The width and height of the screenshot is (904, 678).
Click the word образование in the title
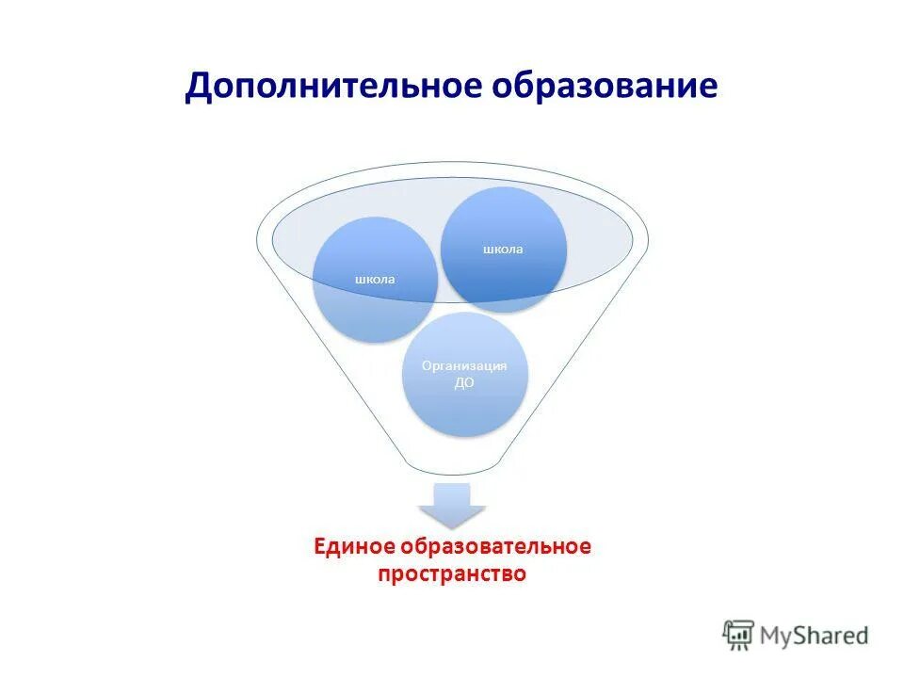point(605,87)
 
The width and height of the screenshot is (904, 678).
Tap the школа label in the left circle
point(374,279)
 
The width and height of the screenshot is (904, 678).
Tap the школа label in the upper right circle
point(504,249)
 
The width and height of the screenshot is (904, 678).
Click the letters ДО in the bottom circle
point(464,383)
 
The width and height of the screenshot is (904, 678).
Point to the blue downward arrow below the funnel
point(452,504)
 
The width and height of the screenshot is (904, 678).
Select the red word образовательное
point(496,546)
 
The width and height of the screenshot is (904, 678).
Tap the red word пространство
point(452,573)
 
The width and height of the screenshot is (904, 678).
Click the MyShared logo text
point(815,635)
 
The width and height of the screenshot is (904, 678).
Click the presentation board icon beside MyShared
point(738,635)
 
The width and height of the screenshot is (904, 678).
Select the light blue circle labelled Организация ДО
point(464,375)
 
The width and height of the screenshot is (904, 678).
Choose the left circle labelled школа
point(374,280)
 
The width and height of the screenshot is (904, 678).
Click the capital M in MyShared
point(773,635)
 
